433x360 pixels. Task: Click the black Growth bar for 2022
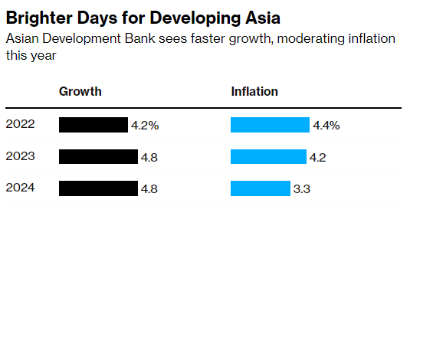coord(93,125)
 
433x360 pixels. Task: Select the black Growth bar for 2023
coord(98,156)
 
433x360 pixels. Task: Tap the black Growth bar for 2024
coord(98,188)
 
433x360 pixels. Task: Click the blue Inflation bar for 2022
coord(270,125)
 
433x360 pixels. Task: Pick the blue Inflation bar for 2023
coord(268,156)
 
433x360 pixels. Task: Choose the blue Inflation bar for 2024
coord(261,188)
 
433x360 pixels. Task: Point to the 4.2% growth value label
coord(145,126)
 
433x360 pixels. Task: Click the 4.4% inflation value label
coord(326,126)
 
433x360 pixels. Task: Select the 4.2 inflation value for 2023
coord(318,157)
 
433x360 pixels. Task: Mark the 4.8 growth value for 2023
coord(149,157)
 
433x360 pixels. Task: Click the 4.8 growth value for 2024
coord(149,188)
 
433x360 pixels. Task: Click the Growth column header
coord(80,92)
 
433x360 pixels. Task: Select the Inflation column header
coord(254,92)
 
